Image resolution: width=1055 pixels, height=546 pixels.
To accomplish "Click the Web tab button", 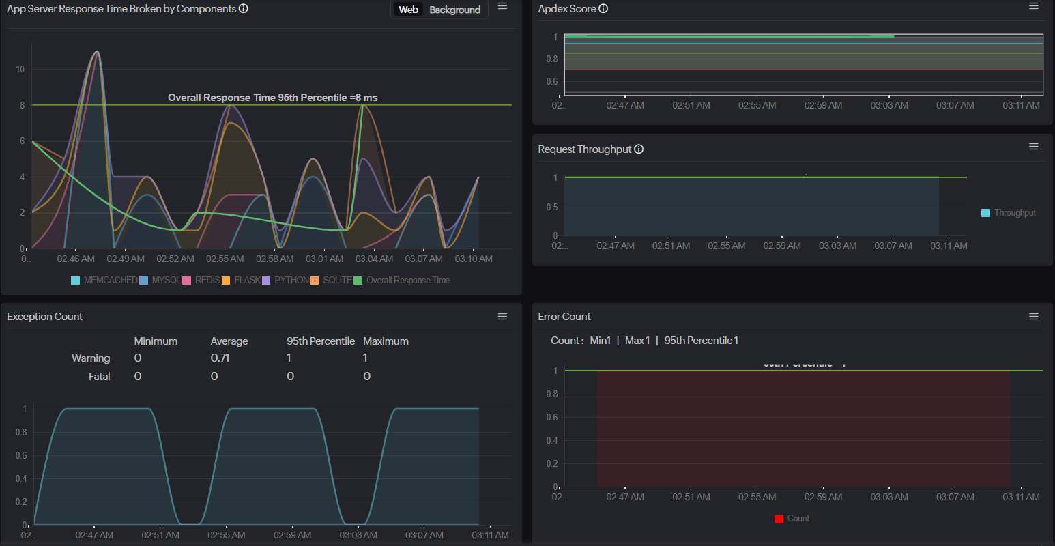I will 408,10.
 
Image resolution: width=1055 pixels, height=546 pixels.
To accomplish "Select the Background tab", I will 454,10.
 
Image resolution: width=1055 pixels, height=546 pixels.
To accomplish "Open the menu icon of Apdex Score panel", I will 1034,6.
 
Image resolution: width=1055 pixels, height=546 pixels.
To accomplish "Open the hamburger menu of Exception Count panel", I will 502,317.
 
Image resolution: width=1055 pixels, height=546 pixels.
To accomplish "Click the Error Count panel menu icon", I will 1034,317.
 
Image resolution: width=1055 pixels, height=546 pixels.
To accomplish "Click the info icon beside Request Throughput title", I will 639,149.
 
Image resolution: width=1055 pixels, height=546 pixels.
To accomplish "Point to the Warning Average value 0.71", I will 220,358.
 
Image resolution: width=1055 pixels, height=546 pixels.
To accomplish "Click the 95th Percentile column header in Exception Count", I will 321,341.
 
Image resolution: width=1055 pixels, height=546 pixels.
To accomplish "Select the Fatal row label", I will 99,377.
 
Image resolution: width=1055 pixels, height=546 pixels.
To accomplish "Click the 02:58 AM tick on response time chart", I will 275,259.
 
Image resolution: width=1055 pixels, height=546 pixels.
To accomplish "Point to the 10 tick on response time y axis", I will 20,70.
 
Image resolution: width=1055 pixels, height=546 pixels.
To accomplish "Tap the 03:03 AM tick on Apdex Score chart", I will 889,106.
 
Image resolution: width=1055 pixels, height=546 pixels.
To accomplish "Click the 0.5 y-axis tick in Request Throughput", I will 552,207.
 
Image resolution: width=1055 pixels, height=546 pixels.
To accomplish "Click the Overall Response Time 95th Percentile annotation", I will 272,98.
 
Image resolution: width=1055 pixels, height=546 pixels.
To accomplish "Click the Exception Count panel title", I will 44,317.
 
